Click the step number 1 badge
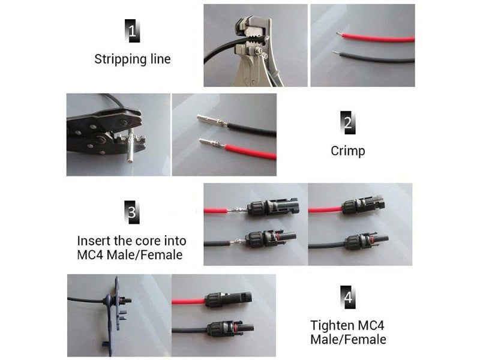click(132, 31)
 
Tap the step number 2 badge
click(348, 122)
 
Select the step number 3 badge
click(132, 212)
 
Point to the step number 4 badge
click(348, 297)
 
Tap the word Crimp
click(348, 151)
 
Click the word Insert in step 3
click(94, 241)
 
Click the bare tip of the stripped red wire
click(339, 34)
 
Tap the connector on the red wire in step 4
click(229, 299)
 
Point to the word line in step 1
click(160, 59)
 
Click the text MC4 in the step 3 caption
click(90, 254)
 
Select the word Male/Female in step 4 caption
click(348, 340)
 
